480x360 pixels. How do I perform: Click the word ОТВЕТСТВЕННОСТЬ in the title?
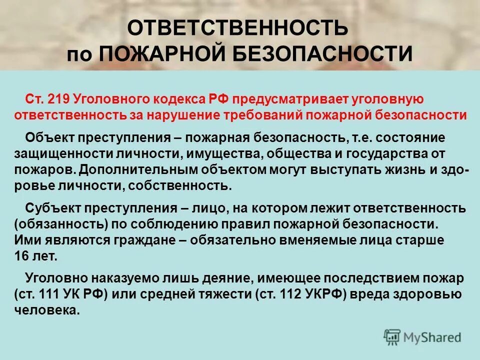pos(237,28)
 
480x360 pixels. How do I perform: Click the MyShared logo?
pos(422,337)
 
